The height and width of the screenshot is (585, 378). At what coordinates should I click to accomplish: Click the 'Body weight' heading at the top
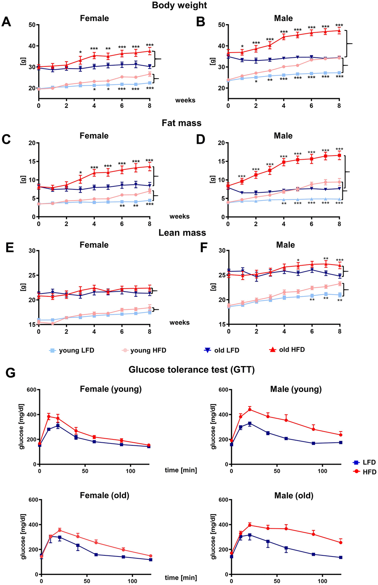179,6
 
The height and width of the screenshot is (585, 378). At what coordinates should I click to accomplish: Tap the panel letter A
6,22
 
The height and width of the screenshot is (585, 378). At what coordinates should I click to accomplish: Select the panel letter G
10,373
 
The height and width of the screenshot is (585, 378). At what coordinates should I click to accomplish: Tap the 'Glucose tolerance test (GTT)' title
192,370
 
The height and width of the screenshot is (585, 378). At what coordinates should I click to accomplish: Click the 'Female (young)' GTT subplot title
111,389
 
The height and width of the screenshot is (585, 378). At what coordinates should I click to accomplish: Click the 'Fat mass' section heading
182,123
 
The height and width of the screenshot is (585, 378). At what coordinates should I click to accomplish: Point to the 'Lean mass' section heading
182,233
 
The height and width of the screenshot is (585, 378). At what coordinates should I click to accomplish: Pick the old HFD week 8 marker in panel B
339,31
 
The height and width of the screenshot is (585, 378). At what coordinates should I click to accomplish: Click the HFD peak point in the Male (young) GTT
250,409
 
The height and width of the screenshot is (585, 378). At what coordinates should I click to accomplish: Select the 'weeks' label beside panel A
185,100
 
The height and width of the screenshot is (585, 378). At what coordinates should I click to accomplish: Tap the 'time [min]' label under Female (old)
181,578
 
